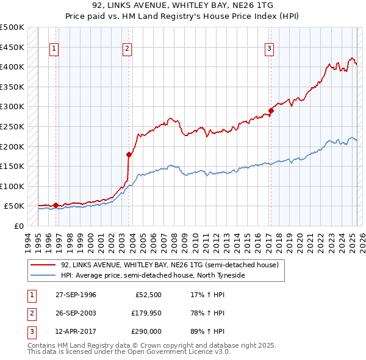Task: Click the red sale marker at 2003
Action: [x=129, y=154]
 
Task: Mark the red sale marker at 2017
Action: [x=271, y=110]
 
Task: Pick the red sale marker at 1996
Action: [x=56, y=205]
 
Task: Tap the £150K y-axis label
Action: [x=12, y=167]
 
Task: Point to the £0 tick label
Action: [x=18, y=226]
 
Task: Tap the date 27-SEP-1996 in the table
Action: [x=76, y=295]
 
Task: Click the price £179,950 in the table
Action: [x=146, y=313]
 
